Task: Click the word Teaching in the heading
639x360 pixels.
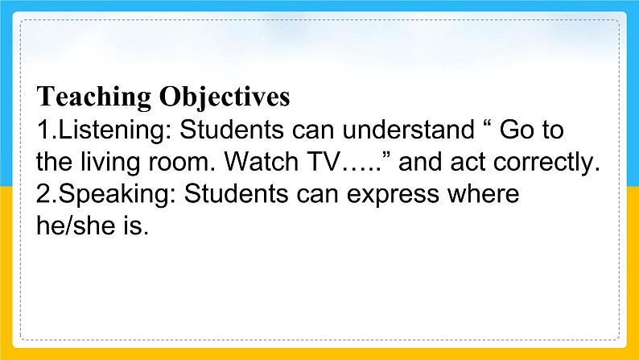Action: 93,97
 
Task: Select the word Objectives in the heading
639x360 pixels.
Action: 225,97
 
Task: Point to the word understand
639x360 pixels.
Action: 408,130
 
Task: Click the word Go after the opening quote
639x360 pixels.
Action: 517,130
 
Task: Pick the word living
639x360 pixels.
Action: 110,163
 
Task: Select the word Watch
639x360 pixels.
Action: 262,162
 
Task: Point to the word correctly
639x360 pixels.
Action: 547,163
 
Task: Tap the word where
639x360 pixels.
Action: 484,193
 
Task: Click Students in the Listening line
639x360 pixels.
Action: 232,130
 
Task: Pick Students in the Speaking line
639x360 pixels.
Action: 236,193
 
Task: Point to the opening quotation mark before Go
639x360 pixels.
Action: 486,122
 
